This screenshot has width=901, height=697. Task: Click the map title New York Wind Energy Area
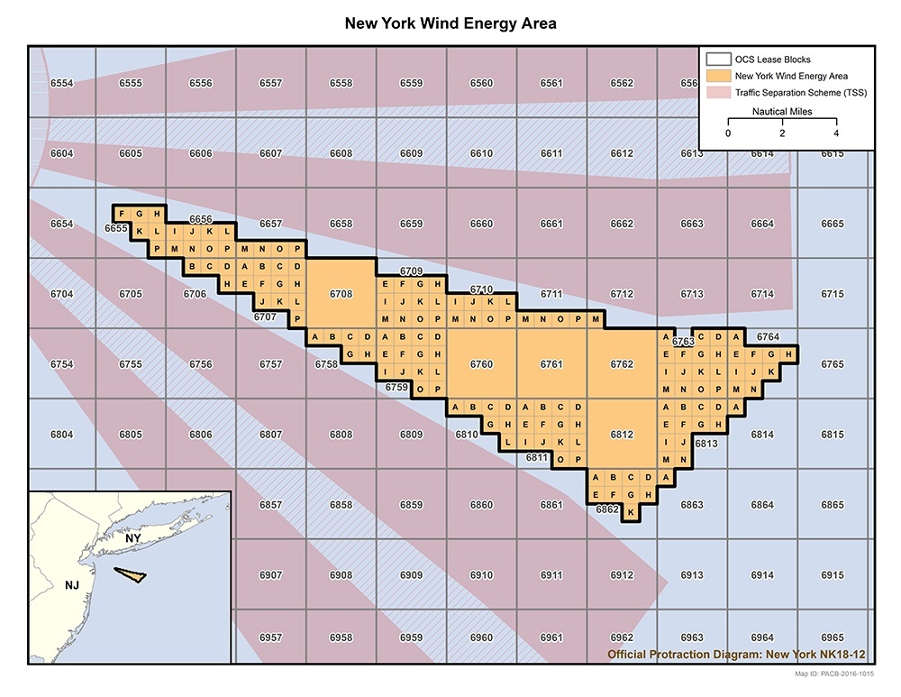coord(450,23)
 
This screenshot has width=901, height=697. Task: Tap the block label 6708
coord(341,294)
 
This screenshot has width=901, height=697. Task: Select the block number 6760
coord(481,364)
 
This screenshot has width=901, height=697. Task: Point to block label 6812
coord(622,435)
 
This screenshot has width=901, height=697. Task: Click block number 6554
coord(61,83)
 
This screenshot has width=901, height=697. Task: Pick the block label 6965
coord(833,637)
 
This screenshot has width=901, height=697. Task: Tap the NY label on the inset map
coord(133,538)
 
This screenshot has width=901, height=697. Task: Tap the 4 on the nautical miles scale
coord(836,133)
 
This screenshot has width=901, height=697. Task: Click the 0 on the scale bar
coord(728,133)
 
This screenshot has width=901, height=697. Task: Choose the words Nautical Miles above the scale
coord(782,112)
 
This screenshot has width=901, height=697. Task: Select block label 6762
coord(622,364)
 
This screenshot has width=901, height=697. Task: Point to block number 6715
coord(833,294)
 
